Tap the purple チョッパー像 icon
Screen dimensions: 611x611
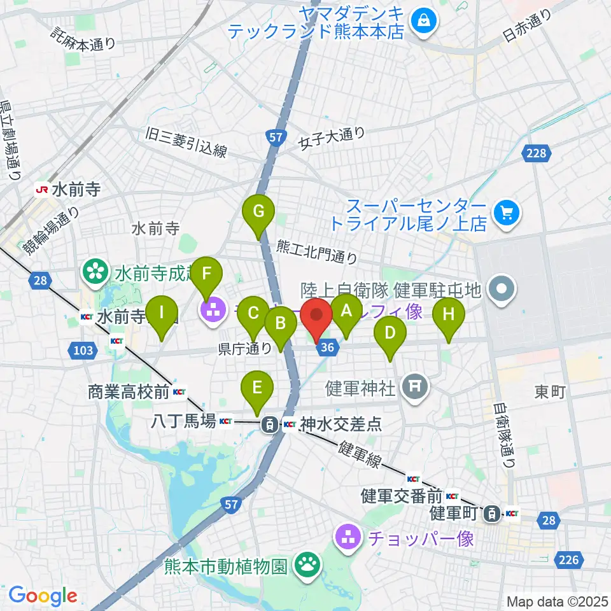click(349, 537)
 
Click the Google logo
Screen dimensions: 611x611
click(43, 596)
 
